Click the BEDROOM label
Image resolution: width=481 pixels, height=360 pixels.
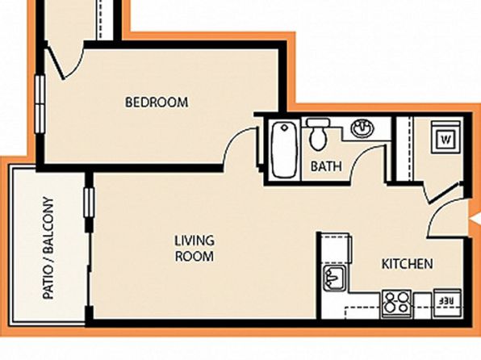[157, 103]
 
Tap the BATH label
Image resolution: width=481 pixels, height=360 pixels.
[326, 166]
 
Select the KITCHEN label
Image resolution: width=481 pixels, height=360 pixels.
[408, 264]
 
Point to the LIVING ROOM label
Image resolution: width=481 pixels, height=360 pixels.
[194, 249]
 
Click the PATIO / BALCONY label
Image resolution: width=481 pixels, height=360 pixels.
[48, 248]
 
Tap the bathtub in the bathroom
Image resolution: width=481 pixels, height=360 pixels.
[285, 149]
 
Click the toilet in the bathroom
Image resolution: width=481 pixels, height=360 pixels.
[318, 134]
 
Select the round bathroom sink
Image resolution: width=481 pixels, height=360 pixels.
[363, 128]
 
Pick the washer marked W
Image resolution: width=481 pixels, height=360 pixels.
[445, 137]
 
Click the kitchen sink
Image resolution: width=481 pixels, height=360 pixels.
[335, 278]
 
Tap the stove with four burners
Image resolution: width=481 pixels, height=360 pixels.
[397, 303]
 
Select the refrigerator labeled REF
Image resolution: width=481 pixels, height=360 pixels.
[446, 303]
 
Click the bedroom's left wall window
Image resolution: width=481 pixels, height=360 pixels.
[40, 104]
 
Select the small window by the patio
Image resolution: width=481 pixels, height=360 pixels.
[89, 203]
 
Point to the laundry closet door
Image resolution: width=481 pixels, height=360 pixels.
[441, 192]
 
